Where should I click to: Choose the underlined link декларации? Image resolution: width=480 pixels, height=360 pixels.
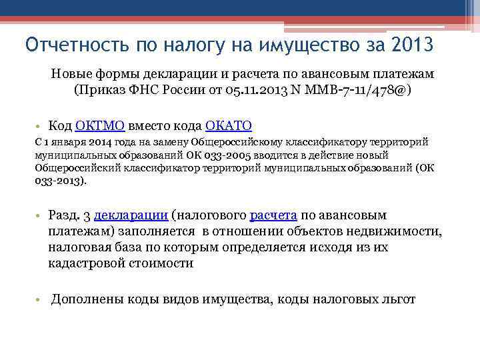[x=131, y=216]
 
